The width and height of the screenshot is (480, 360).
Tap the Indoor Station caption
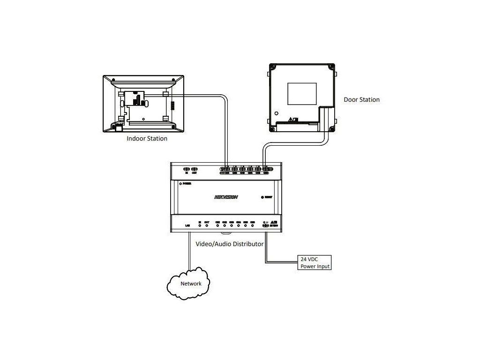(147, 139)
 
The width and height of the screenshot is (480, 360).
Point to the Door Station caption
(361, 100)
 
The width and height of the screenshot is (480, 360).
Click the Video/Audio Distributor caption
(229, 244)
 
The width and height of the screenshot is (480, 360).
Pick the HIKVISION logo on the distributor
(226, 197)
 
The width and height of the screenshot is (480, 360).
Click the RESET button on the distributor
(262, 197)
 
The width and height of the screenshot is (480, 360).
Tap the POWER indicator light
(180, 184)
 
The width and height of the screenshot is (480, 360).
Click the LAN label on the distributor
(187, 226)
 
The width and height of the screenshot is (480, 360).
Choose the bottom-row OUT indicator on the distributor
(207, 225)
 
